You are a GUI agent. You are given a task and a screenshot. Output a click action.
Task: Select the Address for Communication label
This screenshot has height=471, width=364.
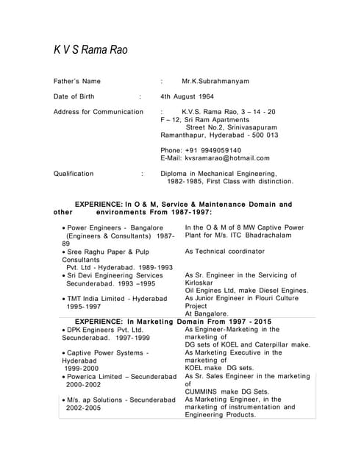coord(99,112)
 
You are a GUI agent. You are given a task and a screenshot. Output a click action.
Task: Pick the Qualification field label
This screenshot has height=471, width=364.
coord(74,174)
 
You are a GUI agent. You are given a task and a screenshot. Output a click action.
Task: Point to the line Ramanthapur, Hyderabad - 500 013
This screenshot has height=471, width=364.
coord(219,135)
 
